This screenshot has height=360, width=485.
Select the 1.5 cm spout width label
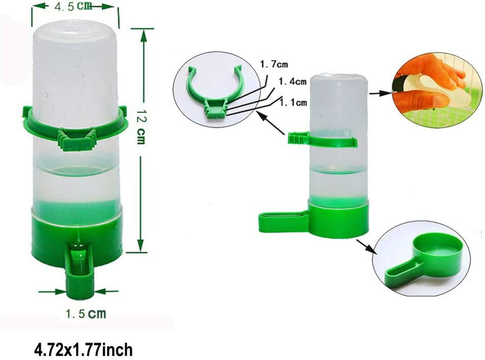click(x=85, y=314)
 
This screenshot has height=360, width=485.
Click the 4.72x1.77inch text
click(x=83, y=349)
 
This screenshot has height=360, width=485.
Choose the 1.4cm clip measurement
click(x=292, y=82)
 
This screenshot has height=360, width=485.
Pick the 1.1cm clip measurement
click(x=293, y=103)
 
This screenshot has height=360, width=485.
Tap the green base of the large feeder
click(x=54, y=236)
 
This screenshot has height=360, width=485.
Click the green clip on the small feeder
click(x=323, y=139)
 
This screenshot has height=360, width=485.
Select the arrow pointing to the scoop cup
click(x=364, y=247)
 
